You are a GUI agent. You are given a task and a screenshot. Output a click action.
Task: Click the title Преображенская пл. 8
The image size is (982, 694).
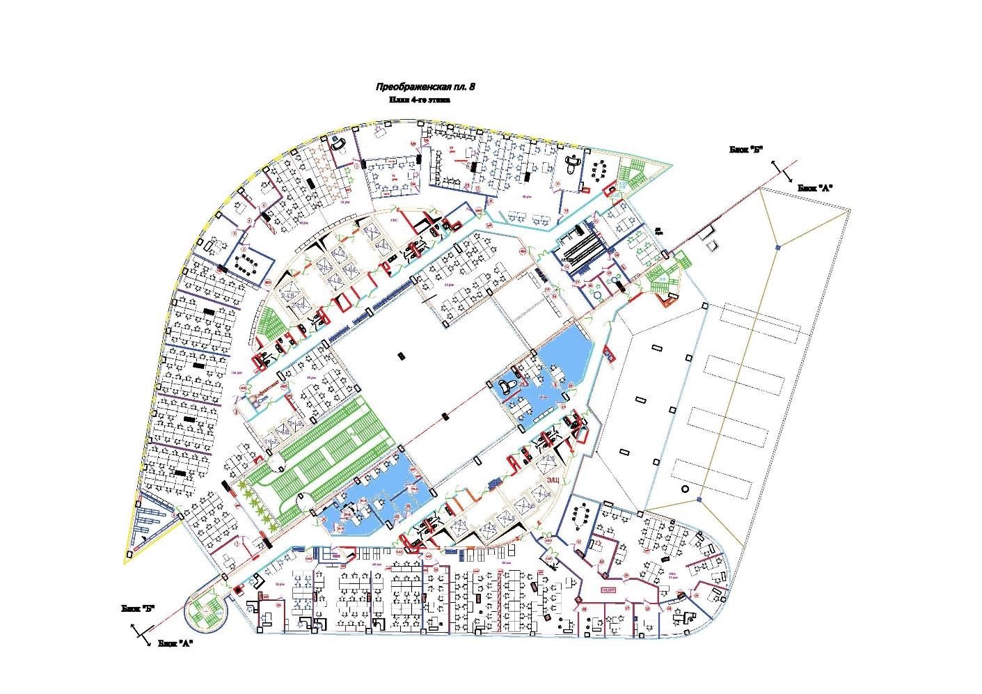(425, 87)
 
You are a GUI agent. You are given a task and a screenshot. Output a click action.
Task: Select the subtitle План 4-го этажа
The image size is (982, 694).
(420, 100)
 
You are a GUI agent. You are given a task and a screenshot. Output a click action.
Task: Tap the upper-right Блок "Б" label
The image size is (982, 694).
(747, 150)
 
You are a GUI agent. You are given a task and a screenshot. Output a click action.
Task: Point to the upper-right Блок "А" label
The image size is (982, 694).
(815, 188)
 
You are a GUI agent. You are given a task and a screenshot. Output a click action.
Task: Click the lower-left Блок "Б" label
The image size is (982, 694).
(138, 608)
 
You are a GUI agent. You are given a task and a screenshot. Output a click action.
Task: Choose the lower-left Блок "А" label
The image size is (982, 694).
(175, 643)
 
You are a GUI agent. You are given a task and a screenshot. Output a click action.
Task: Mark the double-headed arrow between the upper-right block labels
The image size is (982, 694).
(782, 169)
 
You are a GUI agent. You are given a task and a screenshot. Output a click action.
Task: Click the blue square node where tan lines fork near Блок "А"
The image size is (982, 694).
(778, 247)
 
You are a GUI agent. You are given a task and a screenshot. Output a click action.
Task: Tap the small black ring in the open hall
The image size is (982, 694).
(684, 489)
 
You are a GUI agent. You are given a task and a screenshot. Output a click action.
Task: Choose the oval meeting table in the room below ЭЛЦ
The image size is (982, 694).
(580, 516)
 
